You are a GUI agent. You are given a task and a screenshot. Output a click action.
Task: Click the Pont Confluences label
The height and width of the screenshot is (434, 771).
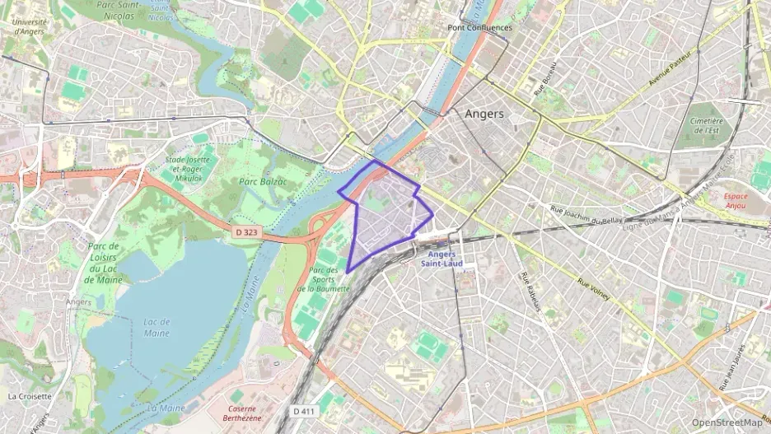pos(479,27)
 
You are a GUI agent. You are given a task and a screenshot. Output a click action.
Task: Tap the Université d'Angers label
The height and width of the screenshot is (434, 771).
pos(29,26)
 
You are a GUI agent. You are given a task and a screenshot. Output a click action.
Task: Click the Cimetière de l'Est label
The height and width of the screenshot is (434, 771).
pos(706,125)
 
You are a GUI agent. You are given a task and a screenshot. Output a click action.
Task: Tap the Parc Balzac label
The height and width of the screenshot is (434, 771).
pos(263,180)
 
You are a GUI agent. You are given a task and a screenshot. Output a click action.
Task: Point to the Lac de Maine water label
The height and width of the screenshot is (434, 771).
pos(156,327)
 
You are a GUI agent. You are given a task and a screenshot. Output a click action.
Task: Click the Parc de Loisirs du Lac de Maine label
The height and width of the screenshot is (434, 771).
pos(104,263)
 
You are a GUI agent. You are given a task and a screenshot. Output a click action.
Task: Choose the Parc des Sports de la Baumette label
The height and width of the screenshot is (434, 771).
pos(324,279)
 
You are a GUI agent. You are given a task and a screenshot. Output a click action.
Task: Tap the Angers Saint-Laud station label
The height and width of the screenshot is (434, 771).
pos(442,259)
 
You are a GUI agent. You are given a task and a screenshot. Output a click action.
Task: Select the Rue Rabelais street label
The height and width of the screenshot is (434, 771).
pos(530,293)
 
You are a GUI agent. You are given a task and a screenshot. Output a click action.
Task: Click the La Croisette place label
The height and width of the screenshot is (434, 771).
pos(30,395)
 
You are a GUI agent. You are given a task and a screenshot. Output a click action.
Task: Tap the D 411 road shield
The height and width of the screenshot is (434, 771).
pos(303,410)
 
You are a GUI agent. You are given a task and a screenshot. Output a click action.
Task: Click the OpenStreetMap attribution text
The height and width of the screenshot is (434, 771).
pos(727,422)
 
